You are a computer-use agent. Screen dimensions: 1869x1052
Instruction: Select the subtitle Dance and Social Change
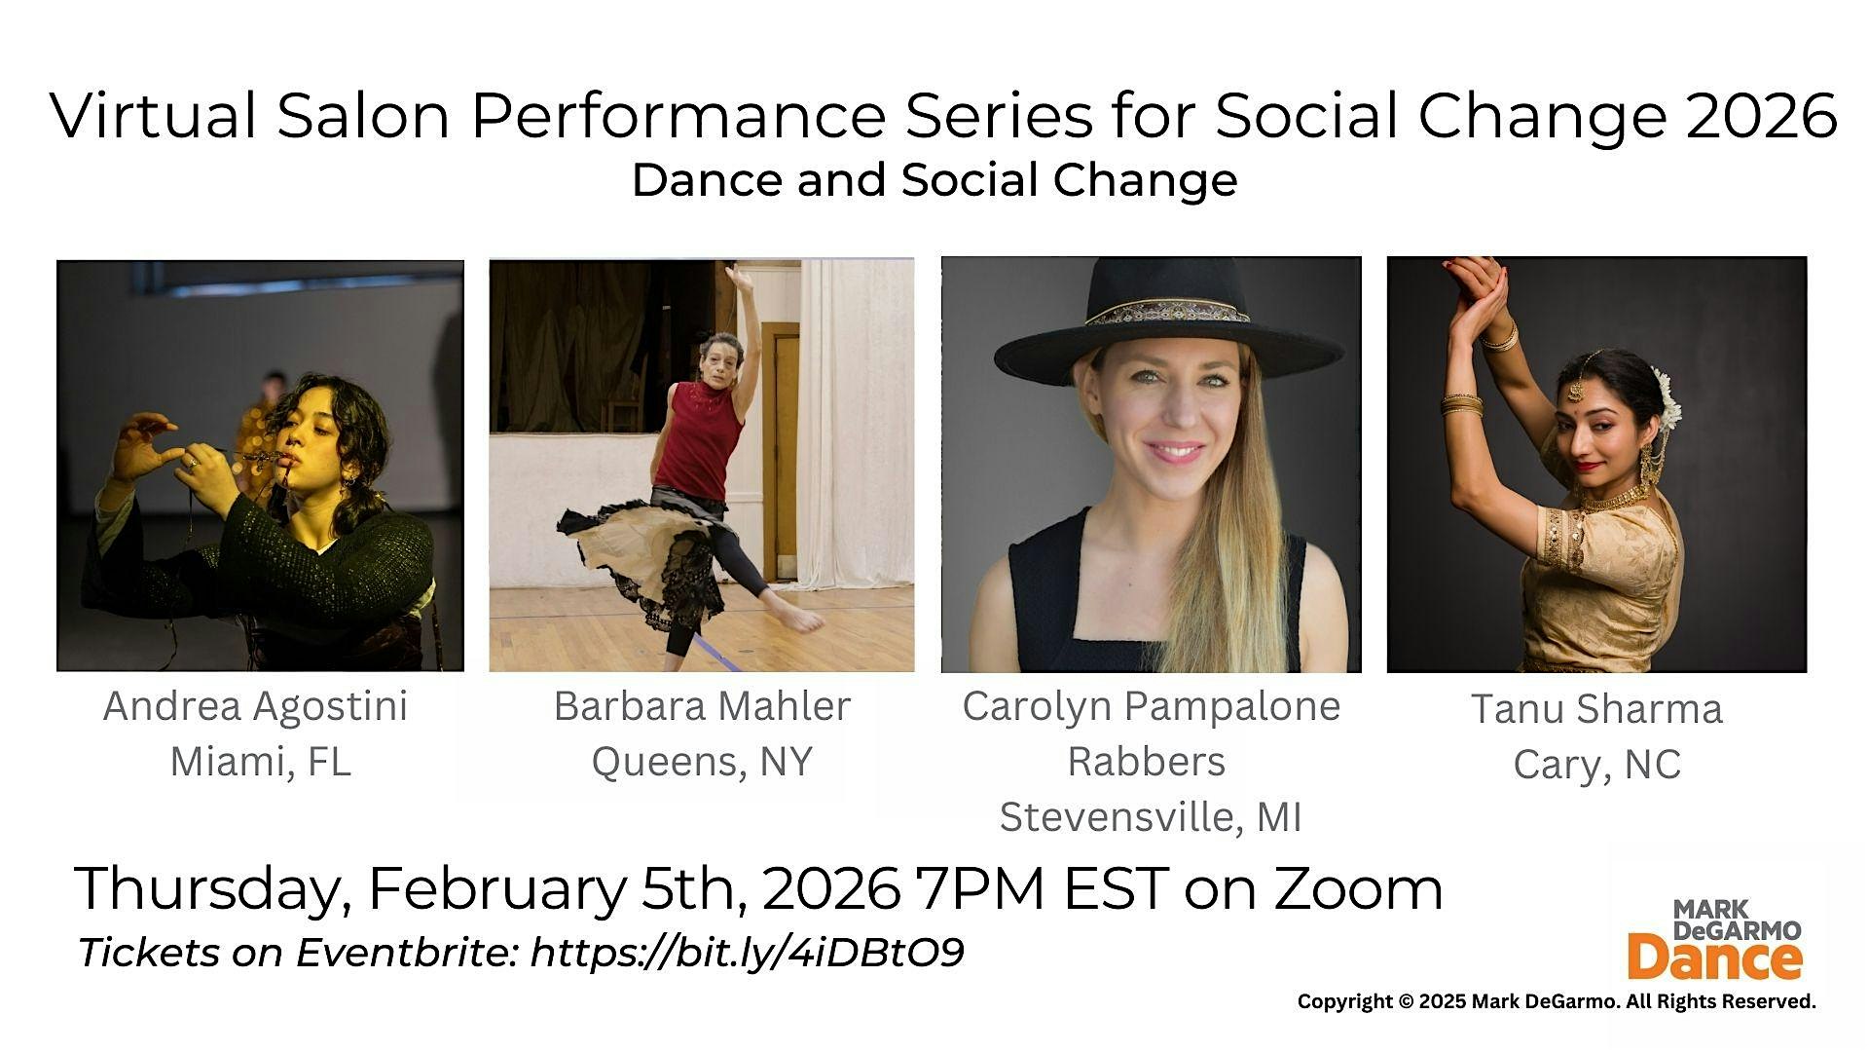pos(934,180)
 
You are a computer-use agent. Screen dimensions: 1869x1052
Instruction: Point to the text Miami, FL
pos(260,762)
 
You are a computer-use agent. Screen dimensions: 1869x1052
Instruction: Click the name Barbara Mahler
pos(702,706)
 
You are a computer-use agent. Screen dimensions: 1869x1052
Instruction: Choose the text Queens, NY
pos(702,762)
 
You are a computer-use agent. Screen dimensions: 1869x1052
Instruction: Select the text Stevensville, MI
pos(1151,817)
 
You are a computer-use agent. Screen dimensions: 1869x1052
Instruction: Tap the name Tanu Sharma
pos(1596,709)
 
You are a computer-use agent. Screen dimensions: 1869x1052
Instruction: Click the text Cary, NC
pos(1596,766)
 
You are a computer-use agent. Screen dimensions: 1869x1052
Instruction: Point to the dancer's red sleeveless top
pos(702,436)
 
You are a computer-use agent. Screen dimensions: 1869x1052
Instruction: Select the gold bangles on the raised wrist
pos(1499,337)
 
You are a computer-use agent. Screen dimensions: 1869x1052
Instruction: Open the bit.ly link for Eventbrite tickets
pos(747,953)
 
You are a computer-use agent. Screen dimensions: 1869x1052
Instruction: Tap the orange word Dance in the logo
pos(1714,958)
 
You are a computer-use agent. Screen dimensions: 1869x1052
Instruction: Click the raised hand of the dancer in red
pos(739,276)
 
